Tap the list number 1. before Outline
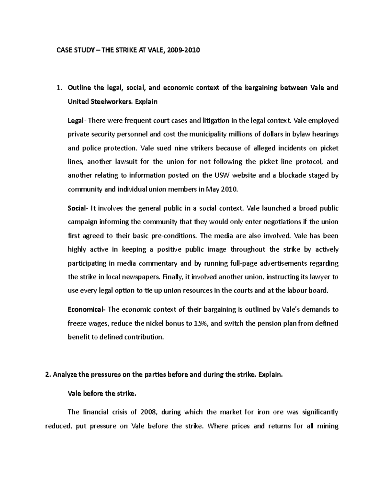click(x=59, y=88)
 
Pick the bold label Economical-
click(x=87, y=309)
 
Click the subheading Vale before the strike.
click(x=102, y=394)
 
